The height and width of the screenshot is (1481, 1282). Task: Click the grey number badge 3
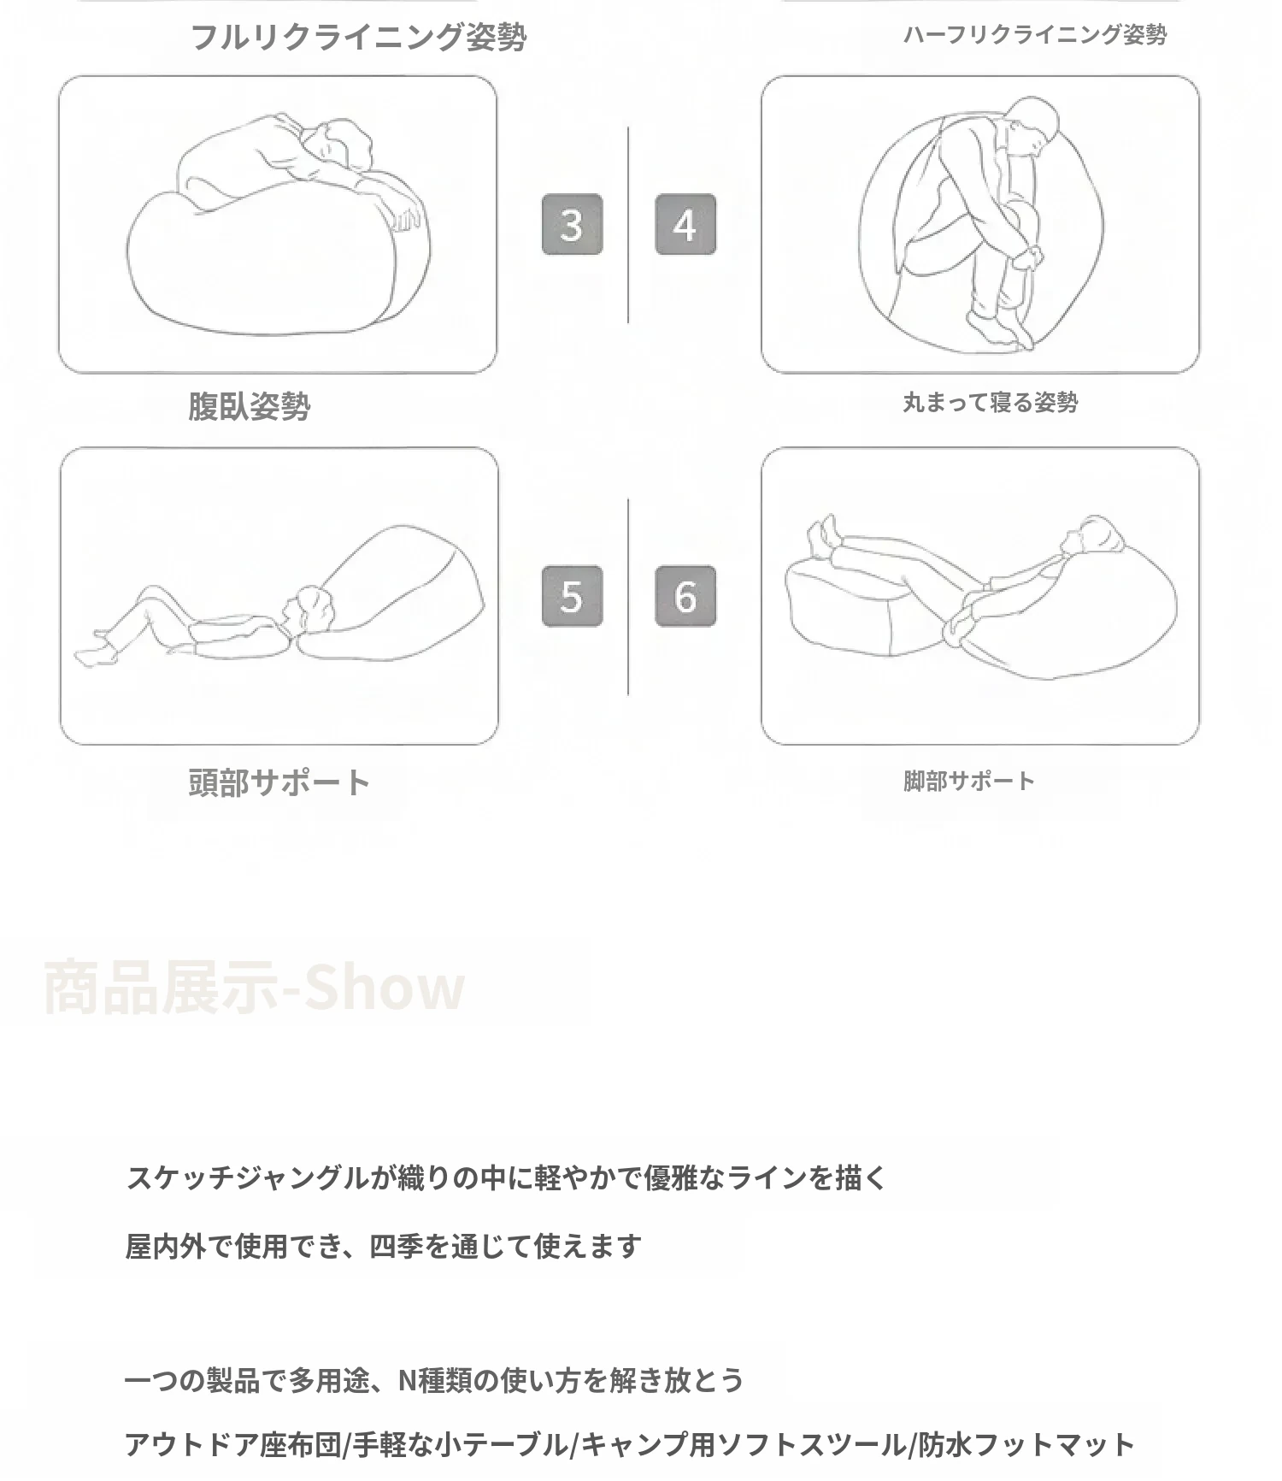[x=572, y=225]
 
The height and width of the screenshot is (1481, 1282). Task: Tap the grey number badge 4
[x=685, y=225]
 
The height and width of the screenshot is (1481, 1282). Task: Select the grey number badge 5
[x=572, y=596]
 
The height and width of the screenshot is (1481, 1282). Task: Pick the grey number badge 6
[x=685, y=596]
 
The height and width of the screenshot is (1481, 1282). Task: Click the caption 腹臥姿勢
[x=250, y=405]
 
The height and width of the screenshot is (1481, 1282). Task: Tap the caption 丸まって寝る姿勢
[x=991, y=402]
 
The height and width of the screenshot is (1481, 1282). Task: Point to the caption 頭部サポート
[x=279, y=782]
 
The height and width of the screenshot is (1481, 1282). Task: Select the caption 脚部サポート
[x=968, y=780]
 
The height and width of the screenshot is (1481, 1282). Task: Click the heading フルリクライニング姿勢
[x=358, y=37]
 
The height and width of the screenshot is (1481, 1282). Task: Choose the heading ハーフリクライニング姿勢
[x=1035, y=34]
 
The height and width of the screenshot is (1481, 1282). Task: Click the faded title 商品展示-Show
[x=254, y=988]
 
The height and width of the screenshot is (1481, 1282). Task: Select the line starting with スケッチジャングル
[x=507, y=1177]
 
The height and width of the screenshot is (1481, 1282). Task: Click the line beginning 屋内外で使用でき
[x=384, y=1246]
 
